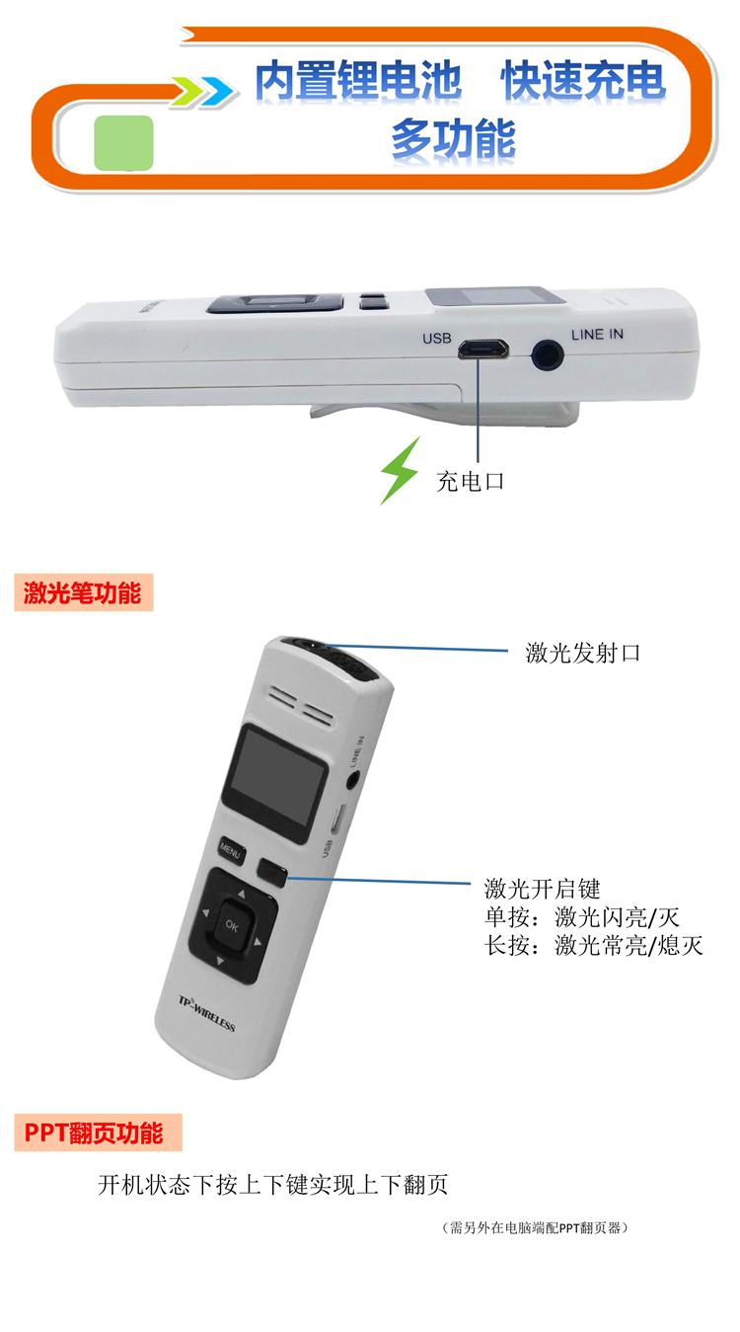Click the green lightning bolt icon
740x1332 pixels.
pyautogui.click(x=400, y=471)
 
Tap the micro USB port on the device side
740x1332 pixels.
pyautogui.click(x=482, y=349)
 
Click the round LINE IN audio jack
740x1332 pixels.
pyautogui.click(x=547, y=355)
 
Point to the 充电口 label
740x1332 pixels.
pyautogui.click(x=471, y=481)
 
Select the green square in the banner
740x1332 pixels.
pyautogui.click(x=123, y=143)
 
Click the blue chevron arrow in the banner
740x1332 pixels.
pyautogui.click(x=216, y=92)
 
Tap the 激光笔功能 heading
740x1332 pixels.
pyautogui.click(x=83, y=592)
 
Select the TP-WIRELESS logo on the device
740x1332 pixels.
pyautogui.click(x=207, y=1013)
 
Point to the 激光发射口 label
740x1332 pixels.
pyautogui.click(x=582, y=653)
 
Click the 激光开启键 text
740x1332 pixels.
pyautogui.click(x=542, y=889)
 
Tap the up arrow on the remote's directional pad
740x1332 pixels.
pyautogui.click(x=242, y=894)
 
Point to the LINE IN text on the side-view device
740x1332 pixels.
pyautogui.click(x=597, y=334)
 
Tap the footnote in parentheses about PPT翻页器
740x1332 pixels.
pyautogui.click(x=535, y=1228)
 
